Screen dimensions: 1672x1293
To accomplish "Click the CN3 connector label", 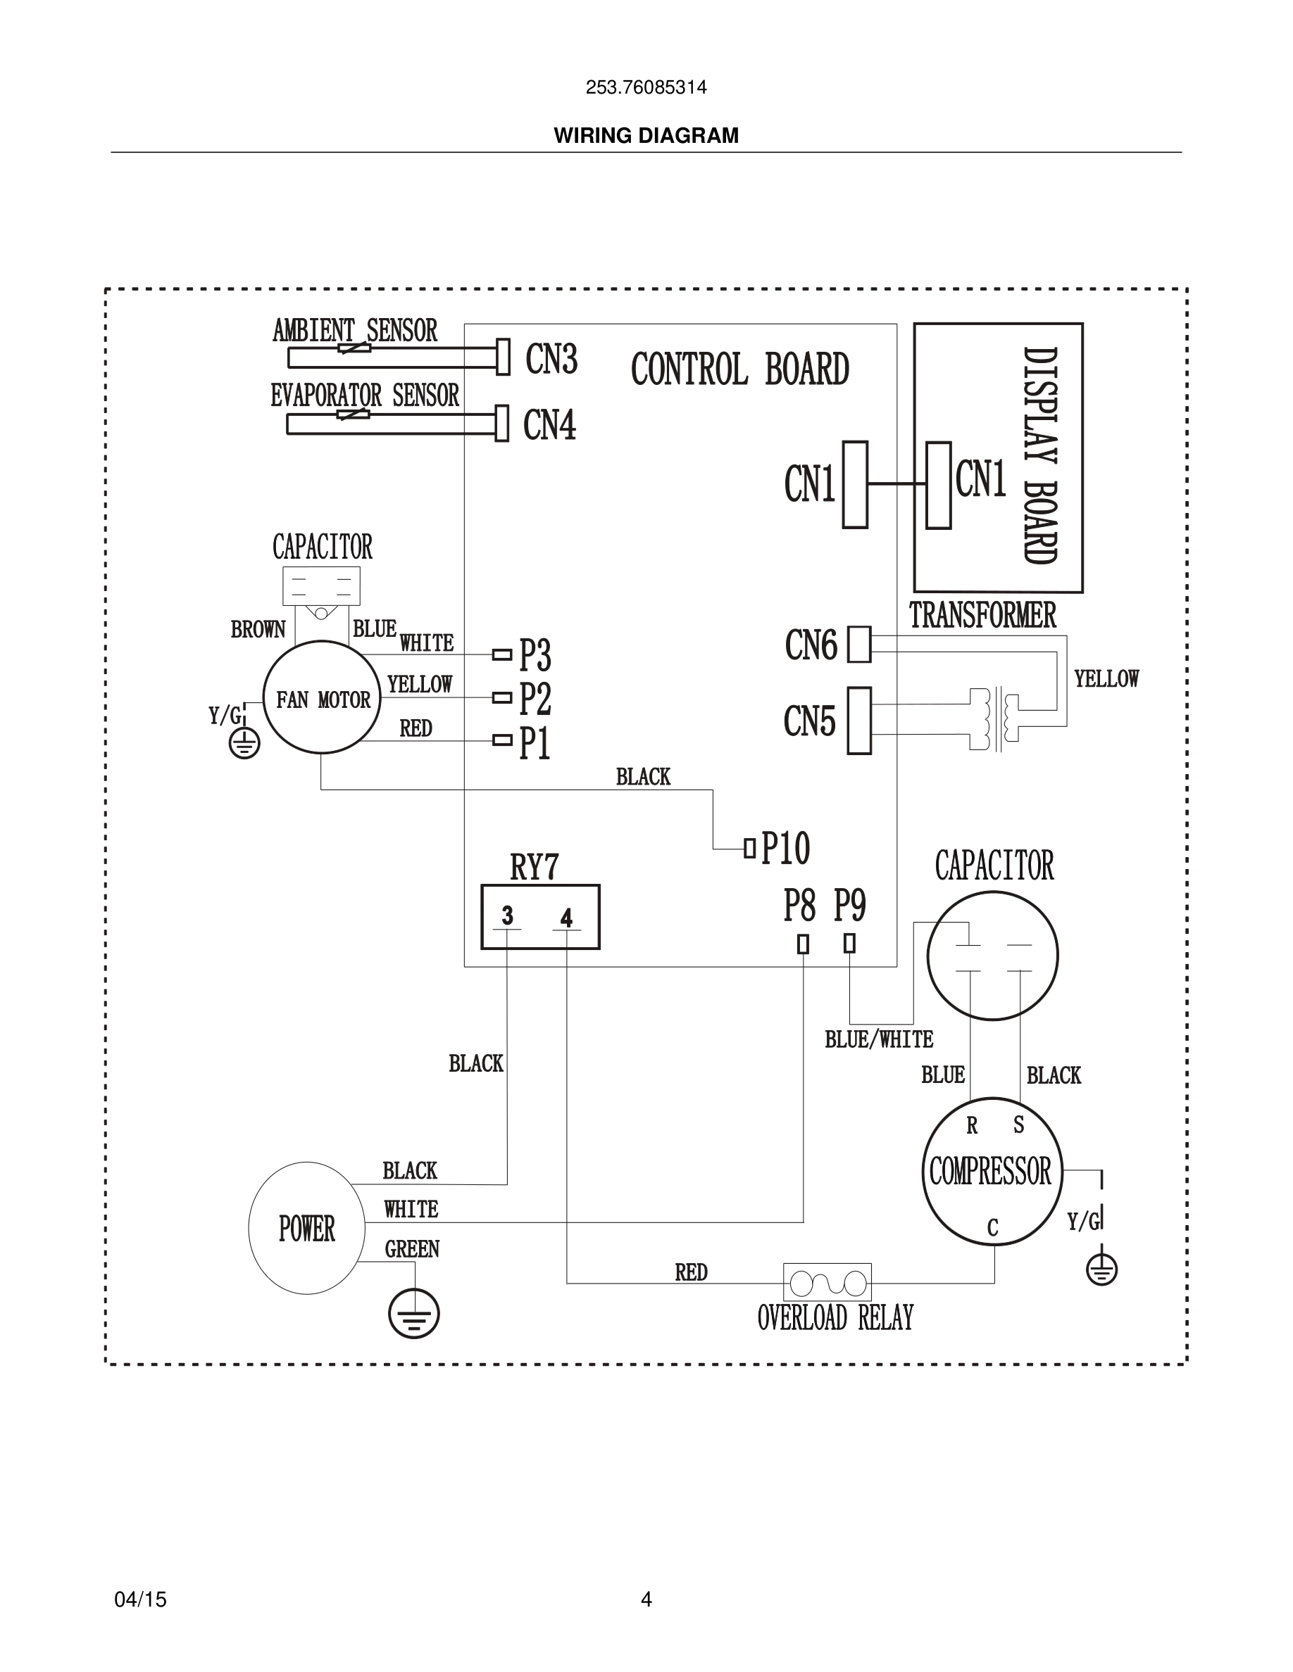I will pyautogui.click(x=551, y=358).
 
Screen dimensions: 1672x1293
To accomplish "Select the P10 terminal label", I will pyautogui.click(x=785, y=847).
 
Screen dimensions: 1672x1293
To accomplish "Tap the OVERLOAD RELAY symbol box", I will pyautogui.click(x=827, y=1282).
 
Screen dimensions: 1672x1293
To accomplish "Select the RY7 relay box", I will pyautogui.click(x=540, y=917).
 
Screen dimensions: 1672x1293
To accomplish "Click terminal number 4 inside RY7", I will pyautogui.click(x=566, y=918).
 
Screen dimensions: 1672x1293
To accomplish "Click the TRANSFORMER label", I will pyautogui.click(x=982, y=616).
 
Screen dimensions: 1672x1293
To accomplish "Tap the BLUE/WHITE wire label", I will pyautogui.click(x=879, y=1039).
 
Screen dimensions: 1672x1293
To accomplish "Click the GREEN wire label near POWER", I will pyautogui.click(x=412, y=1249).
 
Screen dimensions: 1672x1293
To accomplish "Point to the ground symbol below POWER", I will pyautogui.click(x=414, y=1314).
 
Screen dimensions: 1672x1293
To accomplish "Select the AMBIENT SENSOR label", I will pyautogui.click(x=355, y=331).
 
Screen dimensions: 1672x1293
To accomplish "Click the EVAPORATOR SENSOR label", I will pyautogui.click(x=365, y=395).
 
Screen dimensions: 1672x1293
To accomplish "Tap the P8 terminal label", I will pyautogui.click(x=799, y=906).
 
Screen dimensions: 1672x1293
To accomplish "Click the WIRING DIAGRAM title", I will pyautogui.click(x=646, y=136).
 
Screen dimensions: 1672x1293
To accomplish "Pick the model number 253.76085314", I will pyautogui.click(x=646, y=87).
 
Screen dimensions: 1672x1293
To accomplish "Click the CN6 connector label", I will pyautogui.click(x=811, y=645).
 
